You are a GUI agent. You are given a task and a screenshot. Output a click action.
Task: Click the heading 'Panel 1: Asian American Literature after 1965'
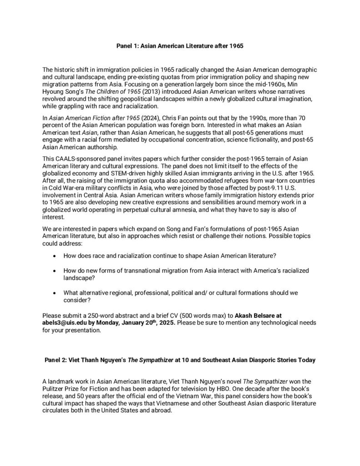[180, 46]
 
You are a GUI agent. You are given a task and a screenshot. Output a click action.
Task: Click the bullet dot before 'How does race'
[55, 255]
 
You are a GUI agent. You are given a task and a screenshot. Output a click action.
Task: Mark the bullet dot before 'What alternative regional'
[55, 294]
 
